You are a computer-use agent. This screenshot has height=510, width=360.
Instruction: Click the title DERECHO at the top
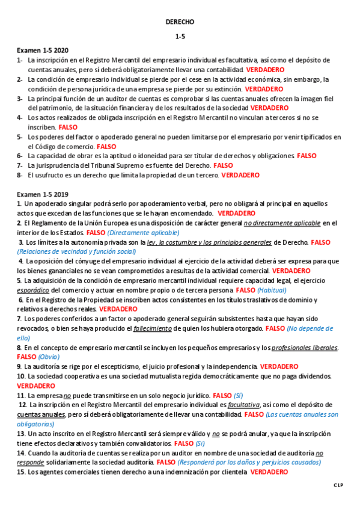click(x=180, y=22)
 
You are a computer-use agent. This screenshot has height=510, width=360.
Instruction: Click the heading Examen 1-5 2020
click(x=42, y=51)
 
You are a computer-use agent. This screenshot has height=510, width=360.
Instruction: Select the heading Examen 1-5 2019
click(x=42, y=194)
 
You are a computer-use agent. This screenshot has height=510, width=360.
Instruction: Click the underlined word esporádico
click(x=33, y=290)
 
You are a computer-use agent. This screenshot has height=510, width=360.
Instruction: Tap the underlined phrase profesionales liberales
click(x=305, y=348)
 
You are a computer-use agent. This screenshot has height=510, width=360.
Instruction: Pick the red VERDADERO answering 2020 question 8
click(x=240, y=176)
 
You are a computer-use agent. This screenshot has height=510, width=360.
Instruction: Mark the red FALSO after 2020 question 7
click(x=223, y=165)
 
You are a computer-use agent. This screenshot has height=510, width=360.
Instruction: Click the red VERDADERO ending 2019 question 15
click(x=269, y=472)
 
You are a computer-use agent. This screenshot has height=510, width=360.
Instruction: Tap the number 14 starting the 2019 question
click(x=21, y=453)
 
